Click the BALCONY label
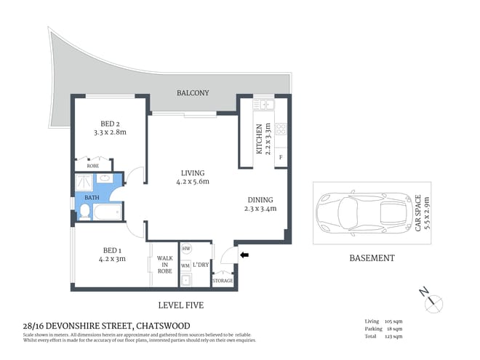click(x=193, y=93)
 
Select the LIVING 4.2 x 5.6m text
click(x=192, y=177)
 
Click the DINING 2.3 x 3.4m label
click(x=260, y=204)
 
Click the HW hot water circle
click(x=185, y=248)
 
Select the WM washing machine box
click(x=185, y=265)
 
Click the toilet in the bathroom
click(x=85, y=211)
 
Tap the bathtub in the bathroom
click(x=110, y=213)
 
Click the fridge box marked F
click(x=281, y=156)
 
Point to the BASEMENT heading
click(x=371, y=258)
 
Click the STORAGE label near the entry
click(x=223, y=280)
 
